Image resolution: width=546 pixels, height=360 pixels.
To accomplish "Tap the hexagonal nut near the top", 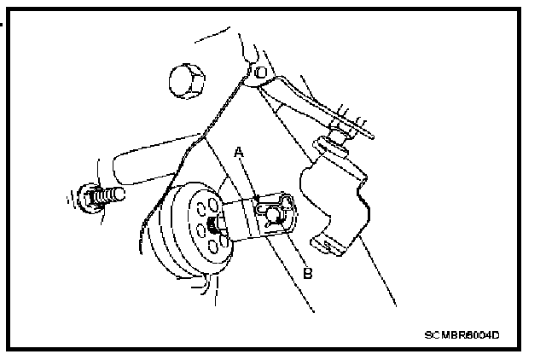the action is coord(185,83).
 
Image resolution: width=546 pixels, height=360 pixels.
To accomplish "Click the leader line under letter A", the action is coord(248,177).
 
